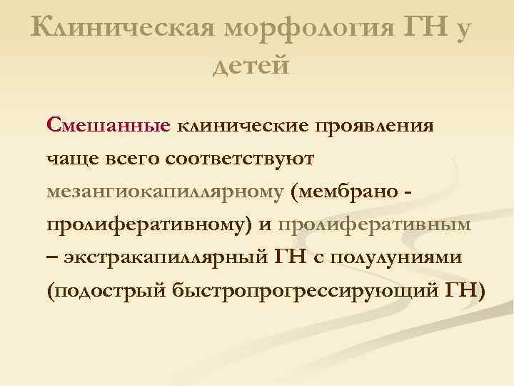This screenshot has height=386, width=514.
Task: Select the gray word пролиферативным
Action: (375, 226)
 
